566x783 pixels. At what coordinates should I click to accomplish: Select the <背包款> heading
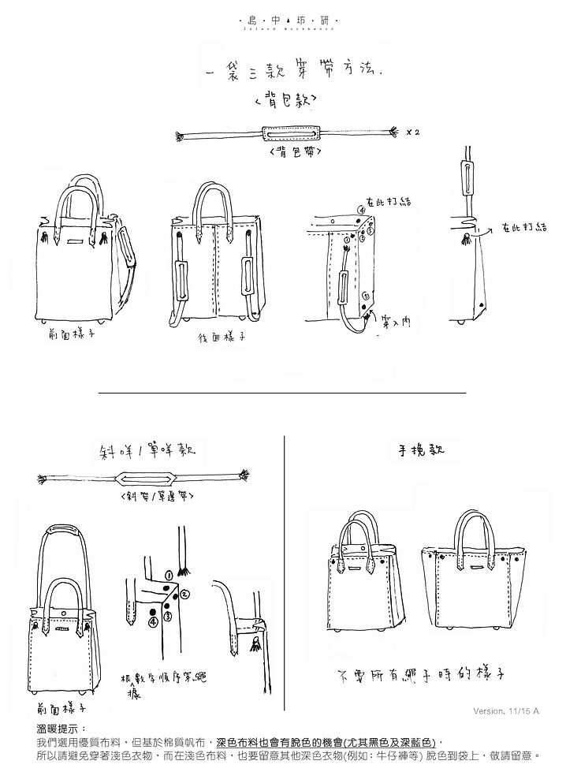pos(283,101)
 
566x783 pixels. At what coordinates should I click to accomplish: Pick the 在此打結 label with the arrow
pos(523,227)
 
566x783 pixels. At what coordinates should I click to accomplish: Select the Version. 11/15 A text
pos(507,710)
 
